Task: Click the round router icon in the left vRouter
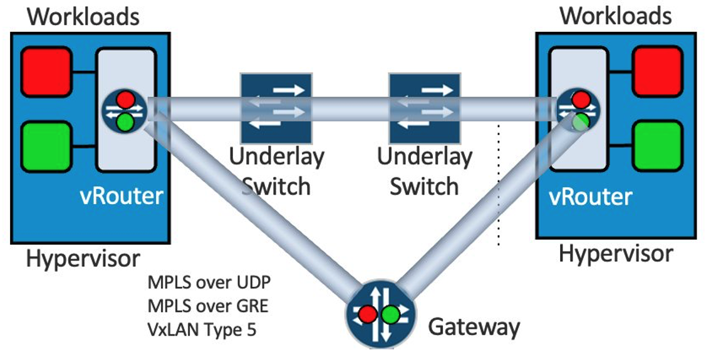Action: (125, 110)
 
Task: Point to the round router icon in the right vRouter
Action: (580, 110)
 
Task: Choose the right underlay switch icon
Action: (424, 101)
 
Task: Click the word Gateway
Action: (474, 326)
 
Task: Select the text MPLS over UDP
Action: (209, 282)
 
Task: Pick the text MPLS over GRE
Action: (208, 306)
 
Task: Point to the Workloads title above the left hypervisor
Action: (83, 16)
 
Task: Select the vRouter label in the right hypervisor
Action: (590, 197)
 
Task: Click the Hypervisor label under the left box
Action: (83, 258)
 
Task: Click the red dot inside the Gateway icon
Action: (367, 313)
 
